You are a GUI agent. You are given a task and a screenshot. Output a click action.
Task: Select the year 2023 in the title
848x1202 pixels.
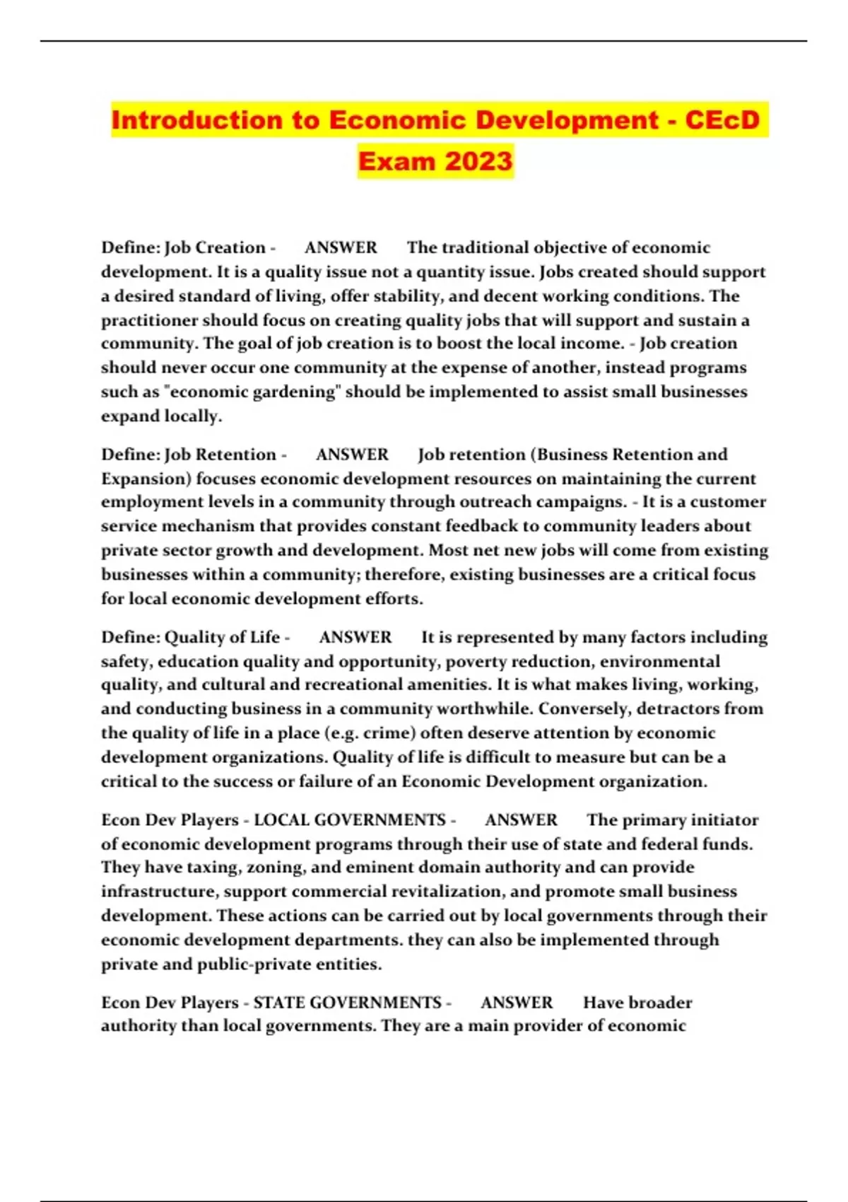point(478,161)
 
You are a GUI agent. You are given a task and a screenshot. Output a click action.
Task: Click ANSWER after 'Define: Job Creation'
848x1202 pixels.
point(341,247)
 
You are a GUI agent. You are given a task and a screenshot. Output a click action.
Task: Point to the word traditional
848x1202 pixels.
point(485,247)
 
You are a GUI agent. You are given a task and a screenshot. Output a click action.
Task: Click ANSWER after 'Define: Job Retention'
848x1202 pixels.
point(352,454)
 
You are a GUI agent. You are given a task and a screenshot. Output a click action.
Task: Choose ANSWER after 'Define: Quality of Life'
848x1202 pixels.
point(355,637)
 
